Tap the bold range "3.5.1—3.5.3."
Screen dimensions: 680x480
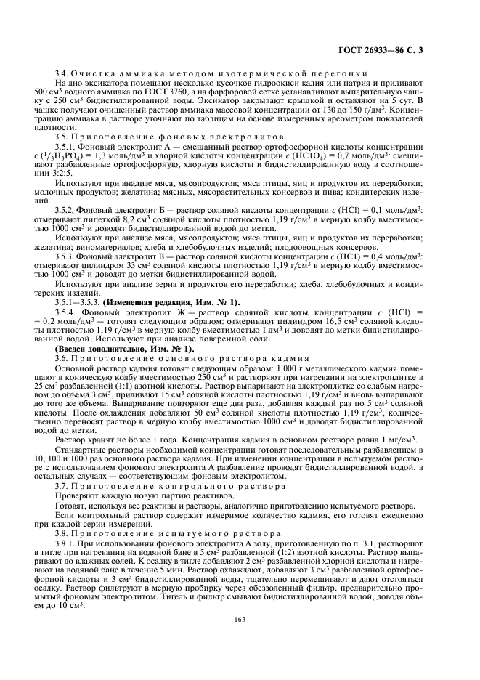coord(78,301)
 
